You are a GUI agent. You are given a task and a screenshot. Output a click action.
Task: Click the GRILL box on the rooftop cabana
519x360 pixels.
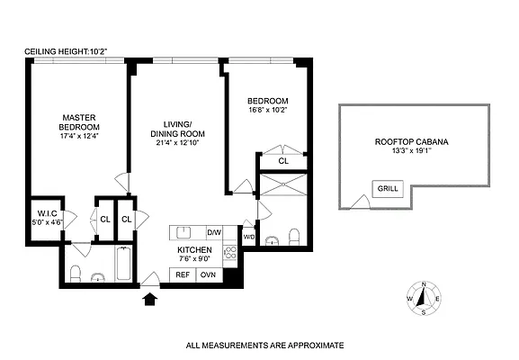coord(388,189)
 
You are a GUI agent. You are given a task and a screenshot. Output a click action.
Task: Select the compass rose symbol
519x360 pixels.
coord(423,299)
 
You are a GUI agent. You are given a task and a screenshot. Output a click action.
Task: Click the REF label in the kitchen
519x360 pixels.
coord(183,274)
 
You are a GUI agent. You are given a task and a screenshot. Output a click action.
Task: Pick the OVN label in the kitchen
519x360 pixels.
coord(208,274)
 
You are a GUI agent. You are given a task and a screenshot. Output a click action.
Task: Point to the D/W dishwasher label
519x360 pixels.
coord(214,231)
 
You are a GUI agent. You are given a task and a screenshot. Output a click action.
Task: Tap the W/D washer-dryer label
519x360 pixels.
coord(249,237)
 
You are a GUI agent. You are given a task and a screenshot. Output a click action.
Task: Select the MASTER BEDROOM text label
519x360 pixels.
coord(80,121)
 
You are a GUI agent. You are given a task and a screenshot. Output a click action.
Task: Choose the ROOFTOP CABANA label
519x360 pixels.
coord(412,142)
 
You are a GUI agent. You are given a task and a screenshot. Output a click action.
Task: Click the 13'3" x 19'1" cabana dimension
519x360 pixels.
coord(412,152)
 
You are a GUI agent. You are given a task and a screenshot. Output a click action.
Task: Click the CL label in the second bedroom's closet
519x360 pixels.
coord(283,161)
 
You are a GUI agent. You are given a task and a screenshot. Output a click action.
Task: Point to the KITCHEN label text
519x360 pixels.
coord(194,249)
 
